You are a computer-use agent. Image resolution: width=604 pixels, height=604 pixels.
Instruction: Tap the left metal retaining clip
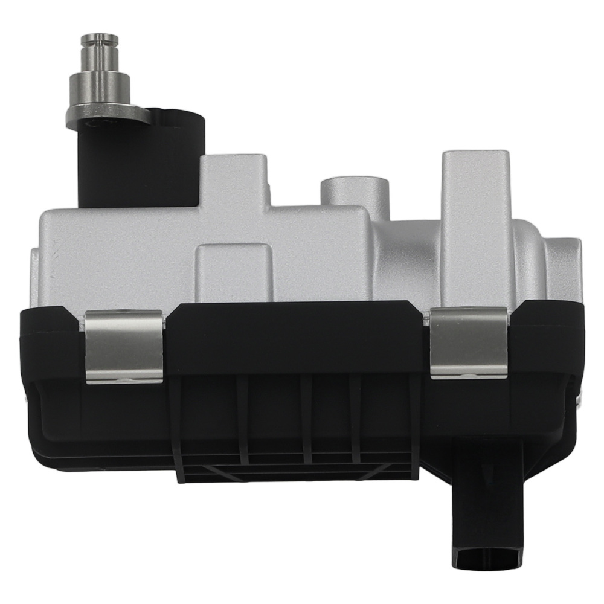[123, 347]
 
